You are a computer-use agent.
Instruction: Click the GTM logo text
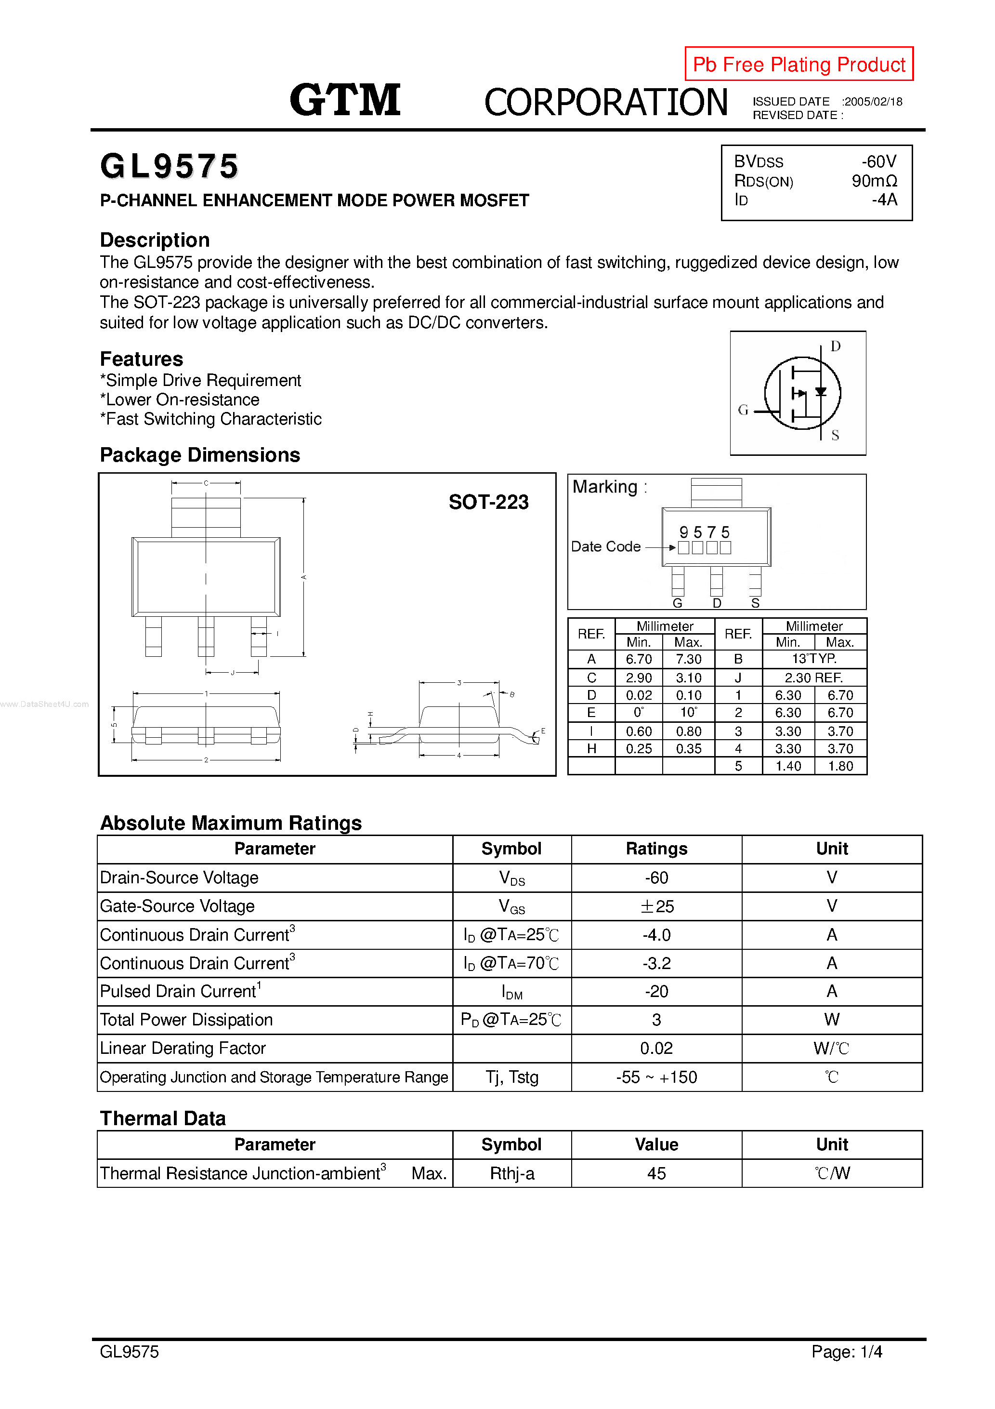pos(345,100)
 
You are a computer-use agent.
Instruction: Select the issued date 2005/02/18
pos(872,102)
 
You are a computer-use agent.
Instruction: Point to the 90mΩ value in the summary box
pos(874,181)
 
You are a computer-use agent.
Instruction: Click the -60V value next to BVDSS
pos(878,161)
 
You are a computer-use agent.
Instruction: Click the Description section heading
pos(155,240)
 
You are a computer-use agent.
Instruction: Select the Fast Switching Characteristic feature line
pos(210,419)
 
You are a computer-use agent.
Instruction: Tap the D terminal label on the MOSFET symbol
pos(835,346)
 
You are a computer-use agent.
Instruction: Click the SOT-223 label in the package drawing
pos(488,502)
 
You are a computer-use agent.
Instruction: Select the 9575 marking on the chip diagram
pos(704,532)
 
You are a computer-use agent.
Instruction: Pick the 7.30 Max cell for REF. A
pos(688,659)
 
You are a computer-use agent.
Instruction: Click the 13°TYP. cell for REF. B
pos(813,659)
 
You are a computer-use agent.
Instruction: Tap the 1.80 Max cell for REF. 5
pos(840,766)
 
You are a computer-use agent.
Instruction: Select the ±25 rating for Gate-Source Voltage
pos(656,906)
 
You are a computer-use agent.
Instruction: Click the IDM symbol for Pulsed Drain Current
pos(511,992)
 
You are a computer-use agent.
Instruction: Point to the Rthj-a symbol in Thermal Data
pos(511,1173)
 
